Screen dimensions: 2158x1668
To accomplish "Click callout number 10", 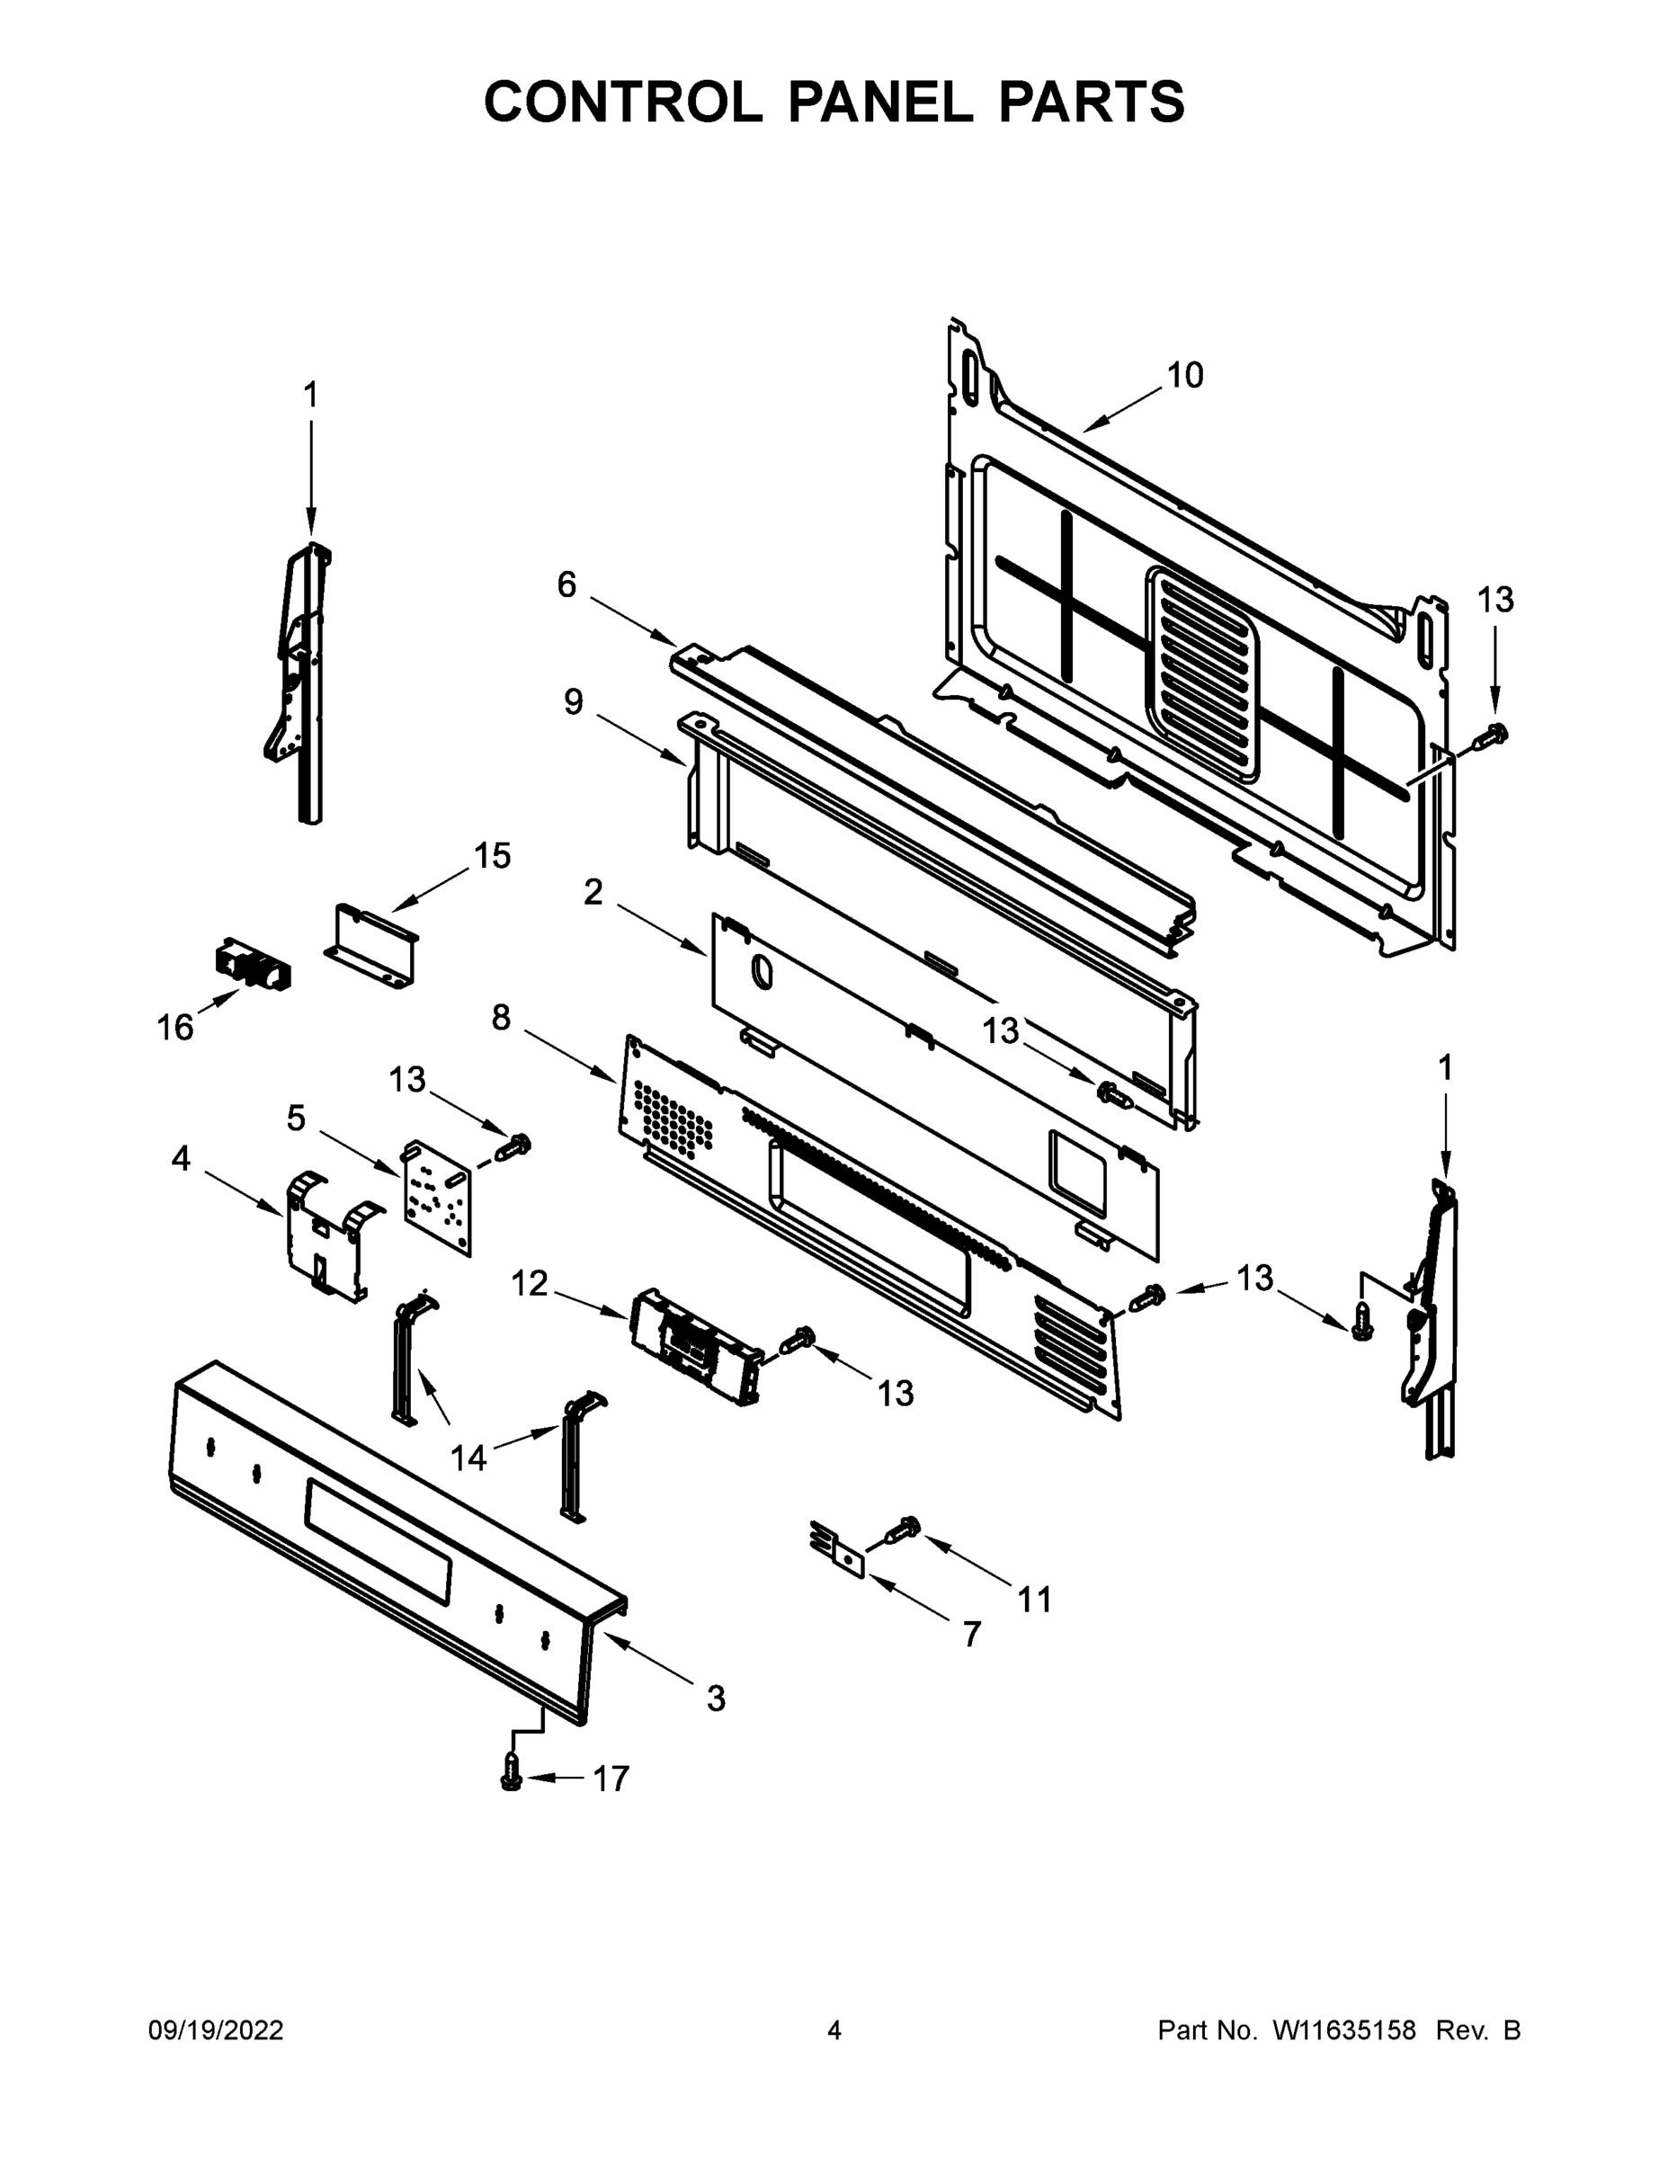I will (x=1185, y=376).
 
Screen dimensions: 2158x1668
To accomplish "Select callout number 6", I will (x=566, y=585).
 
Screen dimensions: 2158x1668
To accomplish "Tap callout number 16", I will (x=175, y=1029).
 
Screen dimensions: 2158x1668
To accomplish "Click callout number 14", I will (x=468, y=1458).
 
